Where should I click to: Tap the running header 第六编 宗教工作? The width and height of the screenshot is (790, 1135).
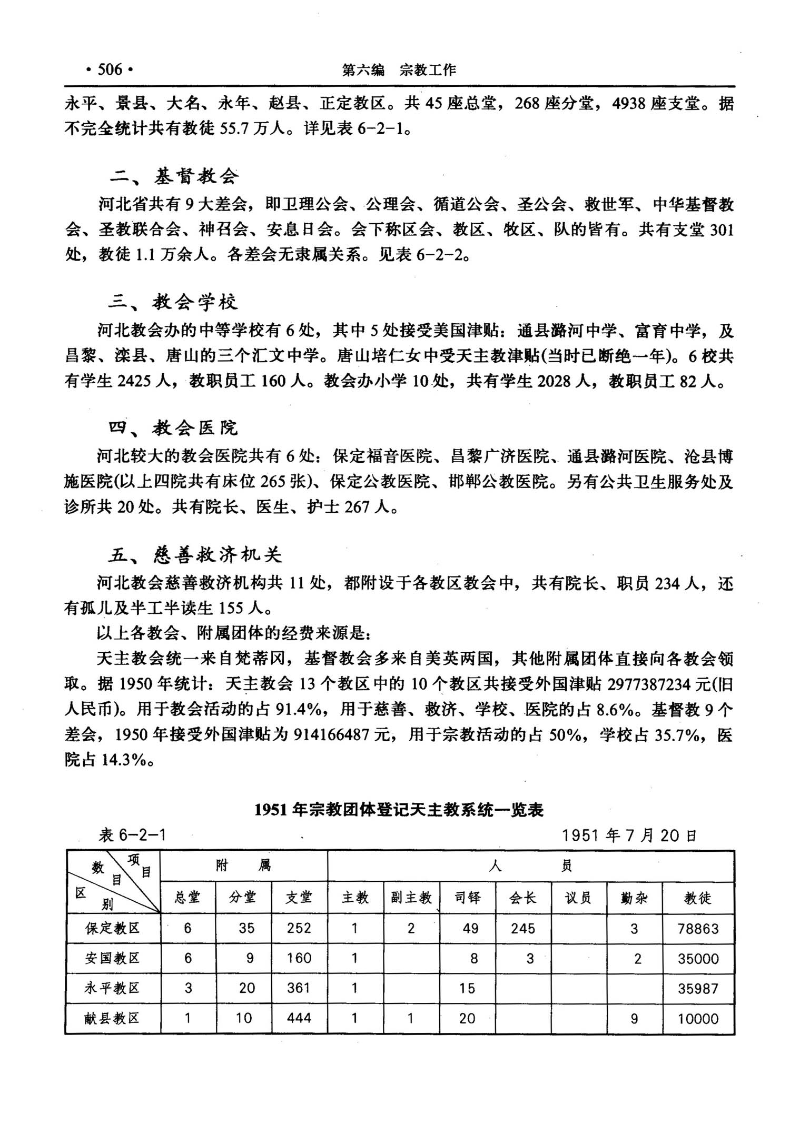pyautogui.click(x=399, y=70)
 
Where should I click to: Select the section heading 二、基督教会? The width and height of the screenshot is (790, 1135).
pyautogui.click(x=174, y=176)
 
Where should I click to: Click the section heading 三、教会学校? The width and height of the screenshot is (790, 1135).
pyautogui.click(x=173, y=302)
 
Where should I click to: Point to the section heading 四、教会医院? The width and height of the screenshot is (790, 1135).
pyautogui.click(x=173, y=428)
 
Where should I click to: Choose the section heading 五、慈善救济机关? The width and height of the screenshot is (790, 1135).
pyautogui.click(x=195, y=555)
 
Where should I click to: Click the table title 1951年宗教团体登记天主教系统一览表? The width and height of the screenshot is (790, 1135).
pyautogui.click(x=399, y=810)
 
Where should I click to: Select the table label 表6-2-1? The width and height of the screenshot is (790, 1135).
pyautogui.click(x=132, y=835)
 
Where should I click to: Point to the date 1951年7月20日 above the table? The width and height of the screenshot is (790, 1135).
pyautogui.click(x=629, y=835)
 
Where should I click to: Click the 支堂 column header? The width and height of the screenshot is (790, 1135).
pyautogui.click(x=299, y=898)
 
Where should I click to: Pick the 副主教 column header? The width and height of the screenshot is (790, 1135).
pyautogui.click(x=411, y=898)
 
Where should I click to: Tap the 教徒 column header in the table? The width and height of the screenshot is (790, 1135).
pyautogui.click(x=698, y=898)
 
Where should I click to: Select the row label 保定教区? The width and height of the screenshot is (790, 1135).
pyautogui.click(x=112, y=928)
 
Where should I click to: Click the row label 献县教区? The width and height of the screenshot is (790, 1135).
pyautogui.click(x=112, y=1018)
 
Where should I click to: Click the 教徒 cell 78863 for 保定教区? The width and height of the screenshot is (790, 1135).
pyautogui.click(x=698, y=929)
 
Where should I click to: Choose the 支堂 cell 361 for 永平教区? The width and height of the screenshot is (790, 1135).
pyautogui.click(x=299, y=988)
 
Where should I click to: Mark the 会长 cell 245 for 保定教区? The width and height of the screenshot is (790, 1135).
pyautogui.click(x=522, y=929)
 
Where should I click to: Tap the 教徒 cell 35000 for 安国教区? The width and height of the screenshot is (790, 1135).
pyautogui.click(x=698, y=959)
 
